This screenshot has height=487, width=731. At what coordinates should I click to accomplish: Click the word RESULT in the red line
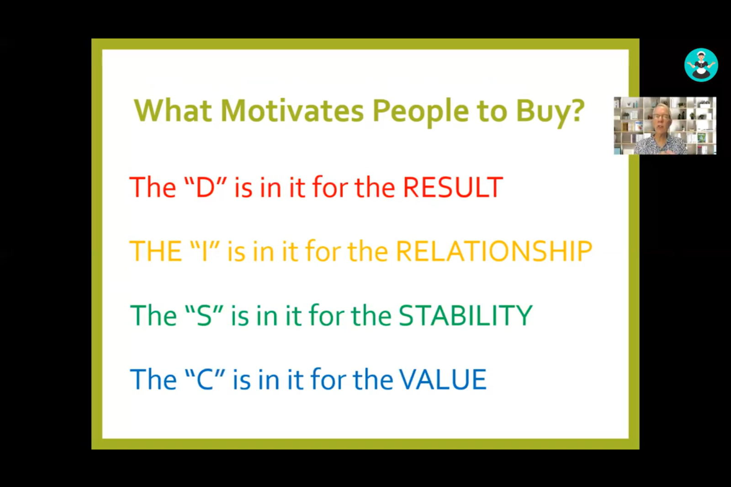[453, 187]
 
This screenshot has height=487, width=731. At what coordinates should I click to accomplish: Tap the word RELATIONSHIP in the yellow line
[494, 251]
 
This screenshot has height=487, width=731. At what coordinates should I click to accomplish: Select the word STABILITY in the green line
[466, 315]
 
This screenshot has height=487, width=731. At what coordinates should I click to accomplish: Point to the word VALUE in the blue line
[443, 379]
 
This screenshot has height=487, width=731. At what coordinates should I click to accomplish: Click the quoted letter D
[205, 187]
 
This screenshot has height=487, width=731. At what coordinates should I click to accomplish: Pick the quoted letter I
[205, 251]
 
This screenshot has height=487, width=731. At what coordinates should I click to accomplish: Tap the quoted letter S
[204, 315]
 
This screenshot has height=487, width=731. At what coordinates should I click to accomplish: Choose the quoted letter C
[205, 379]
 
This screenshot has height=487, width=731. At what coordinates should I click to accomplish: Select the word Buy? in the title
[550, 112]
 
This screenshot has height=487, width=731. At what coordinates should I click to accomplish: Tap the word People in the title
[421, 112]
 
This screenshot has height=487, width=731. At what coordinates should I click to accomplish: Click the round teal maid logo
[701, 64]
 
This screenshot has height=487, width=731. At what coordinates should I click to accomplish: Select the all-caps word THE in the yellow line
[156, 251]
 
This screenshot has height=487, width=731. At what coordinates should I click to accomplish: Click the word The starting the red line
[153, 187]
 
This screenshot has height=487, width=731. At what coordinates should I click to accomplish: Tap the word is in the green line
[240, 315]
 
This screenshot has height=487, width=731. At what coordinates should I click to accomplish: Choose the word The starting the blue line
[153, 379]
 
